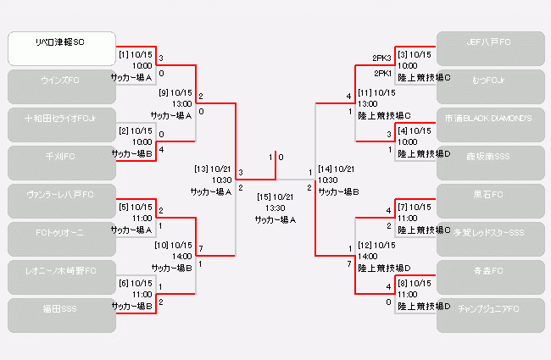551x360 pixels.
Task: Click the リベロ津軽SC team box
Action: pyautogui.click(x=61, y=48)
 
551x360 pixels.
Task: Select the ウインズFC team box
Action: pyautogui.click(x=61, y=86)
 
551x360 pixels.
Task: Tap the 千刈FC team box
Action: pyautogui.click(x=61, y=163)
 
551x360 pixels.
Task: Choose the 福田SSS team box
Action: pyautogui.click(x=61, y=315)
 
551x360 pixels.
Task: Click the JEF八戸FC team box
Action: pyautogui.click(x=490, y=48)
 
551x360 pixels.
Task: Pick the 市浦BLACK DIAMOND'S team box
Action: pyautogui.click(x=490, y=125)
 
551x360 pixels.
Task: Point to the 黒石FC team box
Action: pyautogui.click(x=490, y=201)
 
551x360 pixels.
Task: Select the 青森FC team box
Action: pyautogui.click(x=490, y=277)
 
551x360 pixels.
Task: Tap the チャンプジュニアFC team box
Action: pyautogui.click(x=490, y=315)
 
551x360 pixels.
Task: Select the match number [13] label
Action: pyautogui.click(x=202, y=169)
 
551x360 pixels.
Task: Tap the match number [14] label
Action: pyautogui.click(x=326, y=169)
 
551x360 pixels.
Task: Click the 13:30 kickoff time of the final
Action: pyautogui.click(x=275, y=208)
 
